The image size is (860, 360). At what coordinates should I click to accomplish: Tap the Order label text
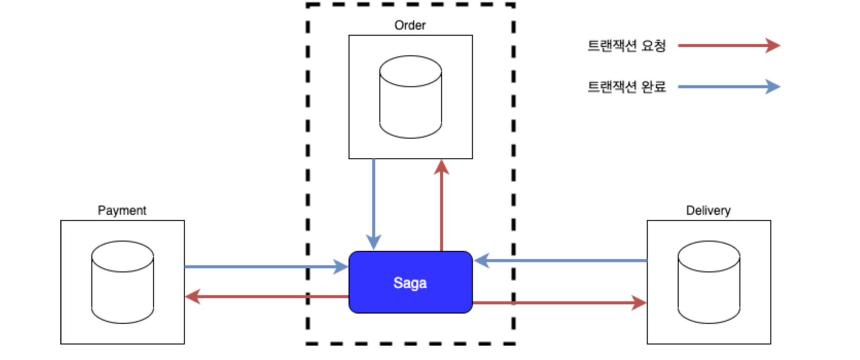pyautogui.click(x=410, y=25)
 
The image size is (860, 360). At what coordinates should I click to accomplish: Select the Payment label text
pyautogui.click(x=122, y=210)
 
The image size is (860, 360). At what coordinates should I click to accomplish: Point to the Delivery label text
pyautogui.click(x=708, y=210)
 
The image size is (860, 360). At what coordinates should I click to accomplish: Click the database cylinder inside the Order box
pyautogui.click(x=410, y=97)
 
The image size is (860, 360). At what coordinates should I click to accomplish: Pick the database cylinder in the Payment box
pyautogui.click(x=122, y=282)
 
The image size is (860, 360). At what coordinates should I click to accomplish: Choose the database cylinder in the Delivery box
pyautogui.click(x=708, y=282)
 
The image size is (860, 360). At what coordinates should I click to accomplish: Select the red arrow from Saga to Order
pyautogui.click(x=441, y=210)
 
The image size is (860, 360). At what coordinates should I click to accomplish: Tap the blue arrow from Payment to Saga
pyautogui.click(x=256, y=267)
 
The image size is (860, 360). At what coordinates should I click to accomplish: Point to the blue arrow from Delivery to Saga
pyautogui.click(x=563, y=261)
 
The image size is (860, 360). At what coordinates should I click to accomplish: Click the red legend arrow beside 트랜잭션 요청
pyautogui.click(x=727, y=46)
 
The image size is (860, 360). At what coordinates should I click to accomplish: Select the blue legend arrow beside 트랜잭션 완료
pyautogui.click(x=727, y=87)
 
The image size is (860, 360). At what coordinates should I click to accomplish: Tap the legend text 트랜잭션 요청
pyautogui.click(x=626, y=46)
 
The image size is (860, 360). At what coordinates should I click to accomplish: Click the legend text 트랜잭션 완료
pyautogui.click(x=626, y=87)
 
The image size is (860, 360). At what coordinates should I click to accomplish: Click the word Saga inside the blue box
pyautogui.click(x=410, y=283)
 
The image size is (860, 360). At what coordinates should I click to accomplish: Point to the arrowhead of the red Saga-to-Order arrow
pyautogui.click(x=441, y=167)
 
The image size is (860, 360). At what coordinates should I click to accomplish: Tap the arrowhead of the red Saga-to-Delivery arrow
pyautogui.click(x=639, y=303)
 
